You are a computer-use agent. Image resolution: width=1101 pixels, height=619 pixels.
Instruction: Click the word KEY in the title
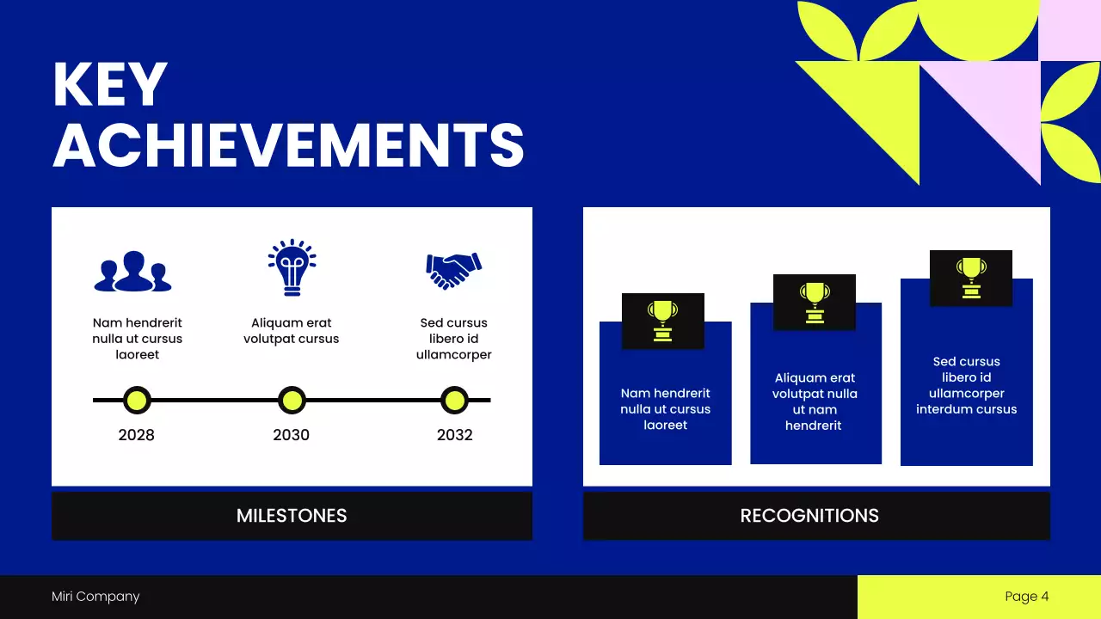point(109,85)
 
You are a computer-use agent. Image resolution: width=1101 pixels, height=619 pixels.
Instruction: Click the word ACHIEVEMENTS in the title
point(288,144)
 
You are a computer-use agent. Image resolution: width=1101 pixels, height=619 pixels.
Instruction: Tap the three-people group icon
point(132,272)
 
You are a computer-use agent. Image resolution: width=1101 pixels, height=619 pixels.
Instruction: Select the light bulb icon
point(292,267)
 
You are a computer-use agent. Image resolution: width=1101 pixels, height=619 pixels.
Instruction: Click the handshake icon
point(453,270)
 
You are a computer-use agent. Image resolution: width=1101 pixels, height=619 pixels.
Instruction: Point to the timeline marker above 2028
point(136,400)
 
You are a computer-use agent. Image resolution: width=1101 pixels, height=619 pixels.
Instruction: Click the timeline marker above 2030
point(292,400)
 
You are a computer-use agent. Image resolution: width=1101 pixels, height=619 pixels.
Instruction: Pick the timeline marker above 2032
point(454,400)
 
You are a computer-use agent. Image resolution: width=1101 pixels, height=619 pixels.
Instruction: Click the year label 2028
point(136,435)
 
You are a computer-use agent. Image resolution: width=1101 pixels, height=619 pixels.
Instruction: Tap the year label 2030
point(291,435)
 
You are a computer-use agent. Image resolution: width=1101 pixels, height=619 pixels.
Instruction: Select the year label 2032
point(454,435)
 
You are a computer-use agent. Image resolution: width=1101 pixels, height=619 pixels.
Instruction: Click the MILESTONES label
point(292,516)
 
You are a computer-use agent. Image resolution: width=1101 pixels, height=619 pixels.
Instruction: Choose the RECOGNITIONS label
point(809,516)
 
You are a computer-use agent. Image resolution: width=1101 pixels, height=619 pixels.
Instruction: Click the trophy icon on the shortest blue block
point(662,321)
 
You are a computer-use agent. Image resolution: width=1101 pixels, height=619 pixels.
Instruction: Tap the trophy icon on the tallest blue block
point(970,278)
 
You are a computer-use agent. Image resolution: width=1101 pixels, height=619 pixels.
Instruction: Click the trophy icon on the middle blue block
point(814,302)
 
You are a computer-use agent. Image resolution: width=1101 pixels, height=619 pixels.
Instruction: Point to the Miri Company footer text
point(95,597)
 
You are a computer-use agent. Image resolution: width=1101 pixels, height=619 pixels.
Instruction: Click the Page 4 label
point(1026,597)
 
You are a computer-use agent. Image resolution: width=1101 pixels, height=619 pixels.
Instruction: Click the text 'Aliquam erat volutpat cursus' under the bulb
point(292,331)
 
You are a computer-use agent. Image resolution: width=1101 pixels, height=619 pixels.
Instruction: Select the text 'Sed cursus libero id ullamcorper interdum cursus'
point(966,385)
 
